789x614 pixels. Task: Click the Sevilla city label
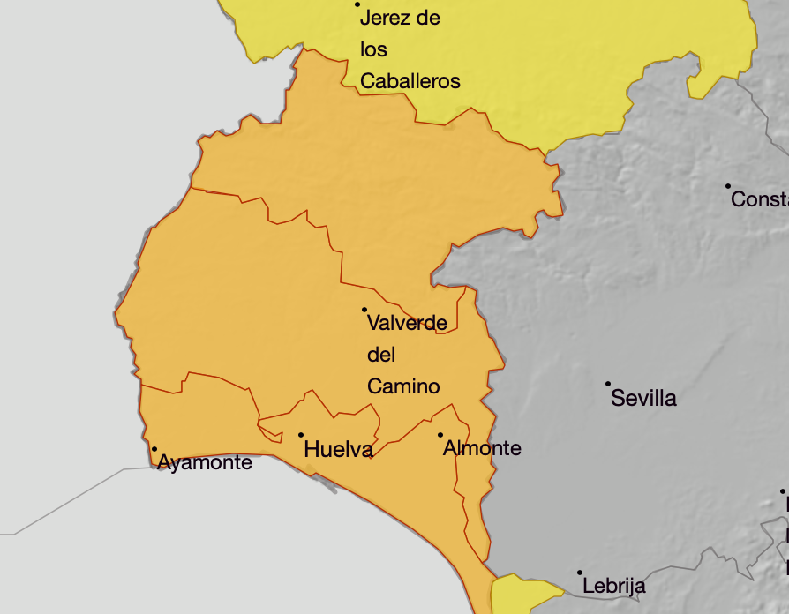tap(643, 398)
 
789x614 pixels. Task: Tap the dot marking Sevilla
tap(608, 384)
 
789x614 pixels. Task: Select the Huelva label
tap(337, 450)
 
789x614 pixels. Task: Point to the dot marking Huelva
tap(301, 435)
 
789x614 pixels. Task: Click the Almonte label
tap(482, 448)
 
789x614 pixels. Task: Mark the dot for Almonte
tap(440, 435)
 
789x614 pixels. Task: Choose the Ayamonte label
tap(205, 462)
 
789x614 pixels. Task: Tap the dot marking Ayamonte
tap(154, 449)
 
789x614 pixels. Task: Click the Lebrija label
tap(614, 586)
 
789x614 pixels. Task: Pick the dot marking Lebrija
tap(580, 573)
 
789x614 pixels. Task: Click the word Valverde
tap(407, 323)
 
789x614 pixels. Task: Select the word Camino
tap(403, 386)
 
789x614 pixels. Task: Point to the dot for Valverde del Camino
tap(364, 310)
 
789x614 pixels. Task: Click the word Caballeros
tap(410, 81)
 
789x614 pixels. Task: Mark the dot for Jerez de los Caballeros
tap(357, 4)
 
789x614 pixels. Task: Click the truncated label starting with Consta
tap(759, 200)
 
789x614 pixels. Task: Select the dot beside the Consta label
tap(728, 186)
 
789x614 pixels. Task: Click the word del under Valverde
tap(381, 355)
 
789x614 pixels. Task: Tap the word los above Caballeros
tap(374, 49)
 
